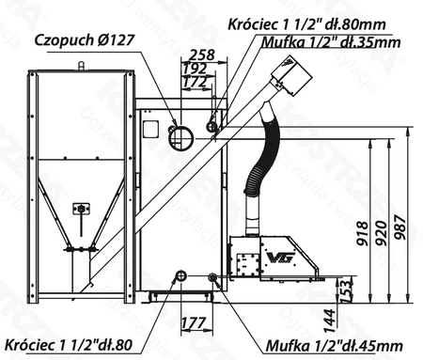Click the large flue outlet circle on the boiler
tap(178, 135)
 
